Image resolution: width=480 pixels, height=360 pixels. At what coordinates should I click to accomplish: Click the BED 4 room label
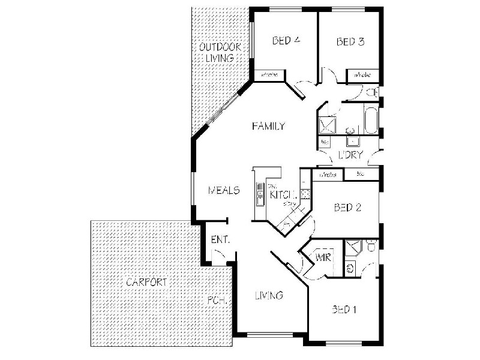(x=286, y=41)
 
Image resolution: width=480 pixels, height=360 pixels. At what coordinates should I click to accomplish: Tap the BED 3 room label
(x=350, y=41)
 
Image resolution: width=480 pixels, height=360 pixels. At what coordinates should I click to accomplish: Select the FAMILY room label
(x=268, y=126)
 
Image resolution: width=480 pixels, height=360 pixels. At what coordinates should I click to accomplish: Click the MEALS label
(x=224, y=191)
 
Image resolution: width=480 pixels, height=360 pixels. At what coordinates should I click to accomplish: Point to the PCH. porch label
(x=216, y=301)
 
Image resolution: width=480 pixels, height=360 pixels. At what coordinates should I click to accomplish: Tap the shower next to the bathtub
(x=328, y=124)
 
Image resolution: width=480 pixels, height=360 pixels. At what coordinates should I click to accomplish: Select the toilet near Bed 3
(x=373, y=92)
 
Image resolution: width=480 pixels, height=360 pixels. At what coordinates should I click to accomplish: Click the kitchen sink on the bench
(x=260, y=194)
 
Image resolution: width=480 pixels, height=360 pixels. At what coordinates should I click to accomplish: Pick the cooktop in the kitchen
(x=304, y=193)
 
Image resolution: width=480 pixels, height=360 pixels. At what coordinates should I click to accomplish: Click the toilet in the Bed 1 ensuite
(x=371, y=247)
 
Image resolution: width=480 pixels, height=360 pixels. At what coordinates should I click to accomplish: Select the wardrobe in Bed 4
(x=269, y=75)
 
